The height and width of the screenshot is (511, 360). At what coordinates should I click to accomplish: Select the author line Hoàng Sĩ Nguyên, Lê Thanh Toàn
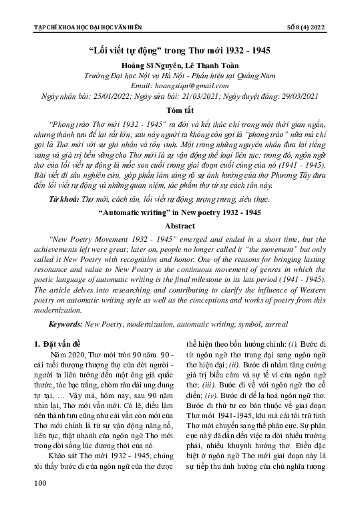[x=180, y=67]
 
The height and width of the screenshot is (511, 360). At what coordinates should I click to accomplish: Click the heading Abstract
[x=180, y=226]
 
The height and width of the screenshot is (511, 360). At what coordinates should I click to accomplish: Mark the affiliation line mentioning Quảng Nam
[x=180, y=77]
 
